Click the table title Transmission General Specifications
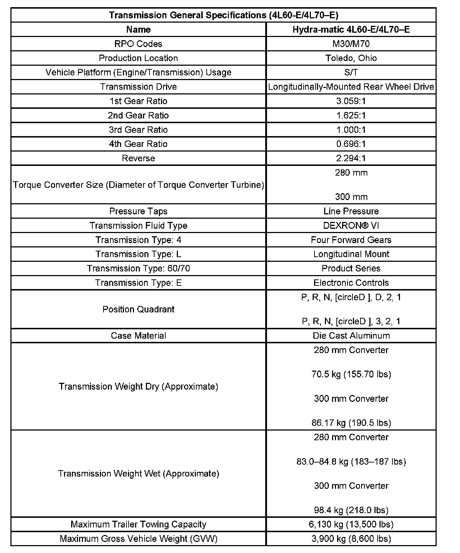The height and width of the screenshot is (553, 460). pyautogui.click(x=224, y=15)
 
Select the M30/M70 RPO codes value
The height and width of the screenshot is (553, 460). pyautogui.click(x=351, y=44)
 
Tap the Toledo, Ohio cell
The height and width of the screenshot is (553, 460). pyautogui.click(x=351, y=58)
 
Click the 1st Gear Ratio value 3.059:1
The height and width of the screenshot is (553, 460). pyautogui.click(x=351, y=101)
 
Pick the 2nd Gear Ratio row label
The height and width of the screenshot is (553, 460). pyautogui.click(x=138, y=116)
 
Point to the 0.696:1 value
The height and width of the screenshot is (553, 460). pyautogui.click(x=351, y=144)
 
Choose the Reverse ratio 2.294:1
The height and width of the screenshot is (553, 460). pyautogui.click(x=351, y=158)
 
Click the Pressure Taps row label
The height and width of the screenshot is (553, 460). pyautogui.click(x=138, y=211)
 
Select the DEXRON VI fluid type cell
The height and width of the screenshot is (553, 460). pyautogui.click(x=351, y=226)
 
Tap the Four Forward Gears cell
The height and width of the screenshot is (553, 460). pyautogui.click(x=351, y=240)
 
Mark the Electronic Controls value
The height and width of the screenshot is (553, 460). pyautogui.click(x=351, y=283)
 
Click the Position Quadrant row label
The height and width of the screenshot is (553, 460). pyautogui.click(x=138, y=310)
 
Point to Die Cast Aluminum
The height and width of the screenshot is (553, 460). pyautogui.click(x=351, y=336)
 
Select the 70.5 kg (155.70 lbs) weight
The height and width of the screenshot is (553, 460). pyautogui.click(x=351, y=375)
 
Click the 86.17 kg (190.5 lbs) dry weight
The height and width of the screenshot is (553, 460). pyautogui.click(x=351, y=423)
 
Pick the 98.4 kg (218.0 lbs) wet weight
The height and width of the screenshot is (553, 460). pyautogui.click(x=351, y=510)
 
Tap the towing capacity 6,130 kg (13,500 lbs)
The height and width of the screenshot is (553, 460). pyautogui.click(x=351, y=525)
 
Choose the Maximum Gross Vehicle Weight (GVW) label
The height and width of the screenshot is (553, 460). pyautogui.click(x=138, y=539)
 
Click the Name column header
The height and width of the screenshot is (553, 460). pyautogui.click(x=138, y=29)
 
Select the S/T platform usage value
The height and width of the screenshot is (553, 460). pyautogui.click(x=351, y=73)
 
